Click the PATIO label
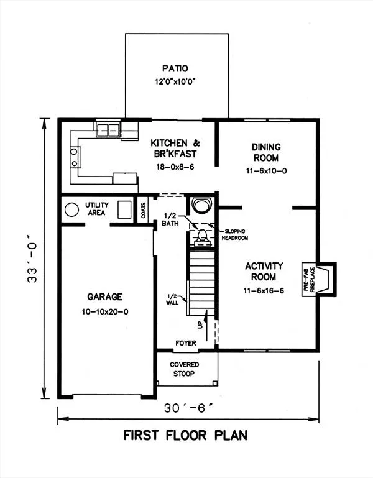[x=175, y=68]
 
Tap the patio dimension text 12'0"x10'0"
[x=175, y=81]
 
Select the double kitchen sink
[x=108, y=129]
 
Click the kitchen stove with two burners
[x=75, y=157]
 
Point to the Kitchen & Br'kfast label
[x=175, y=148]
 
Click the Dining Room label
[x=266, y=152]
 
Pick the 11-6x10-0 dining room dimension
[x=267, y=171]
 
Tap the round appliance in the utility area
[x=72, y=209]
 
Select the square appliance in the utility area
[x=124, y=209]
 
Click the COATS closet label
[x=144, y=210]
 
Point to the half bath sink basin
[x=201, y=206]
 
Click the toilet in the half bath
[x=202, y=237]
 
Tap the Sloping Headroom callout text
[x=234, y=234]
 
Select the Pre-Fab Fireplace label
[x=309, y=280]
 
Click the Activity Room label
[x=264, y=271]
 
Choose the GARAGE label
[x=105, y=296]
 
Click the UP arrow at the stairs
[x=206, y=325]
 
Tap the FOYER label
[x=186, y=343]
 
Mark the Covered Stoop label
[x=184, y=369]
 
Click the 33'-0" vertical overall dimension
[x=32, y=259]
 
